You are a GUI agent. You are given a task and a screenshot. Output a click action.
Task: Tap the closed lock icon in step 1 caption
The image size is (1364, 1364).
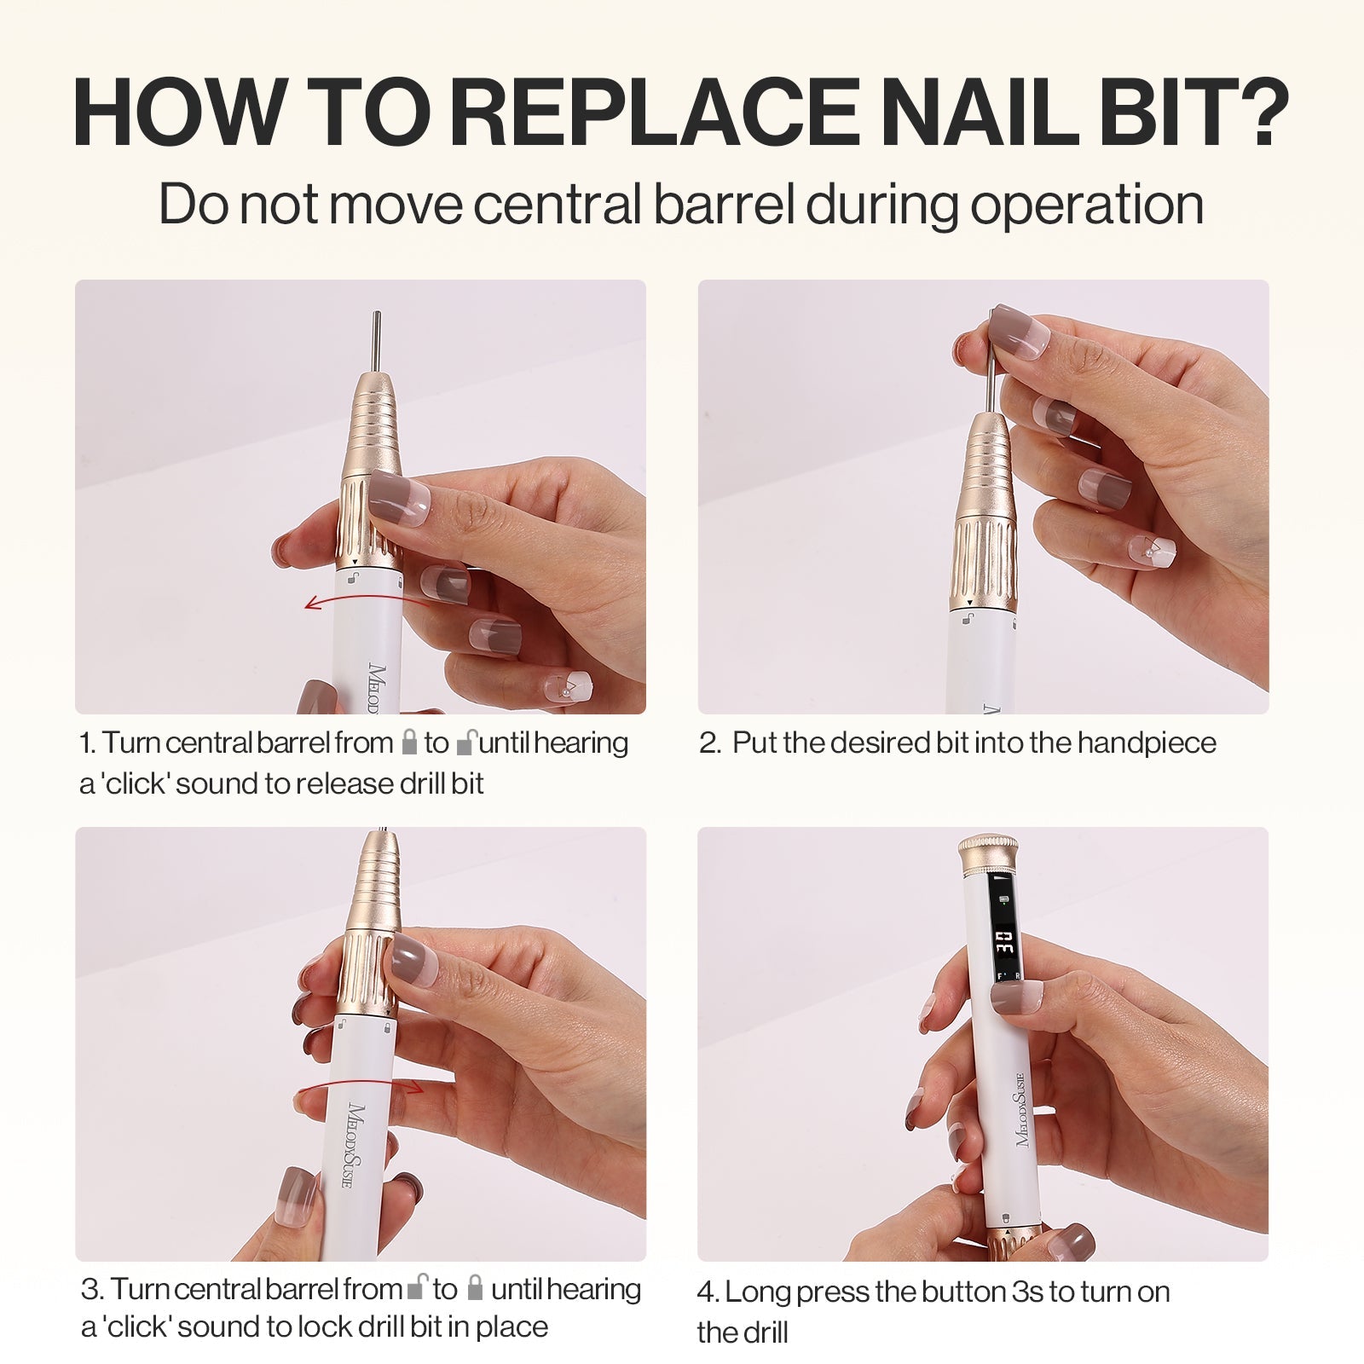[409, 742]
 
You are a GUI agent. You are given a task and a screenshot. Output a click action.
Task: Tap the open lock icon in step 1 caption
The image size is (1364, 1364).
[465, 742]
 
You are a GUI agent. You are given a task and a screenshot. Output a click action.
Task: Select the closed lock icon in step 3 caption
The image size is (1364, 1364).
[475, 1287]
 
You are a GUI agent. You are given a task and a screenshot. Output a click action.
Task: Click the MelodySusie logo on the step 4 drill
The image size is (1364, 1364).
[1019, 1108]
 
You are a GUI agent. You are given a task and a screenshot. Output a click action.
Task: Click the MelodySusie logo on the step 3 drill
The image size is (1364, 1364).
[355, 1143]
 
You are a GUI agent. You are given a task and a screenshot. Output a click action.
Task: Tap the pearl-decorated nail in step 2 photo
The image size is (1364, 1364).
[1152, 550]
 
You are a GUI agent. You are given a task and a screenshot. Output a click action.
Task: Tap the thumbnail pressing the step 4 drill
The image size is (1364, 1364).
[1016, 996]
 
